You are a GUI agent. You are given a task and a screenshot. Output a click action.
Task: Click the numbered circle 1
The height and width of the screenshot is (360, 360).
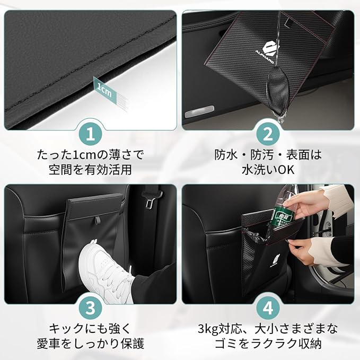tap(91, 134)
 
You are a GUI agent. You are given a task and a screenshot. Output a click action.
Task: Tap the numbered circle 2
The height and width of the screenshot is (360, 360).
tap(268, 134)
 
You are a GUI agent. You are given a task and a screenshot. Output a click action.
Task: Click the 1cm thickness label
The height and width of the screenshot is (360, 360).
tap(105, 90)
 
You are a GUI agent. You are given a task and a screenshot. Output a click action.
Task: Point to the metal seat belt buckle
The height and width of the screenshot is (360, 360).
tap(151, 200)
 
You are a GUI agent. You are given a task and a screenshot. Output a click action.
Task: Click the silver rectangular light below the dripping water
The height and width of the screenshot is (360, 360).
tap(199, 111)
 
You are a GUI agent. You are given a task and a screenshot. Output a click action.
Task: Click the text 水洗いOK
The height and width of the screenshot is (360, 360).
tap(268, 170)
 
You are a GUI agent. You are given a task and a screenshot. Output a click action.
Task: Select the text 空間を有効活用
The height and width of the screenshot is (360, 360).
tap(90, 170)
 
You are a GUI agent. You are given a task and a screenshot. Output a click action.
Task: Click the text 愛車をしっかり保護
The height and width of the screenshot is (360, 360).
tap(91, 343)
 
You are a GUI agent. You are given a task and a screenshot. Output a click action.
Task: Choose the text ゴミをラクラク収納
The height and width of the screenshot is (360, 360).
tap(268, 343)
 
